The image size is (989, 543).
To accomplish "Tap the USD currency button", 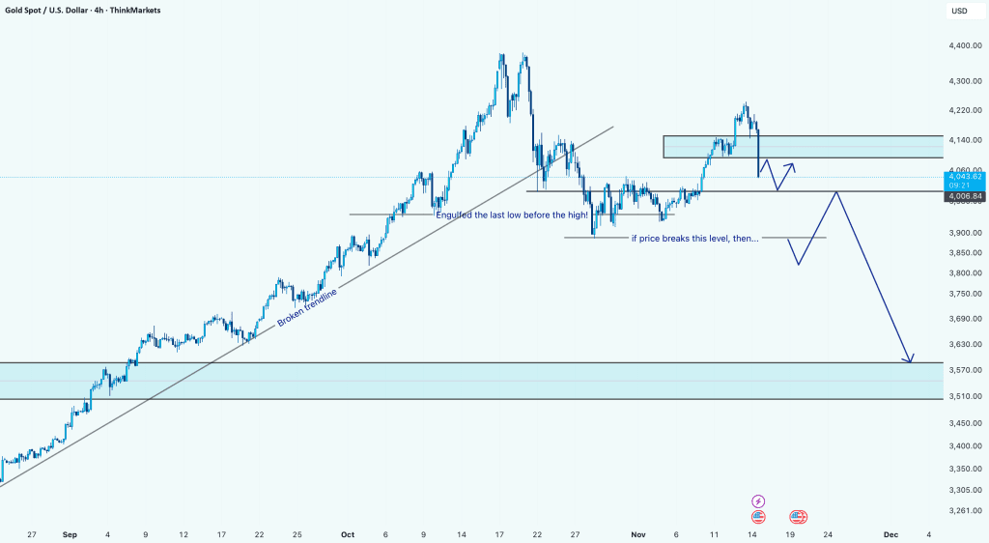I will click(x=959, y=11).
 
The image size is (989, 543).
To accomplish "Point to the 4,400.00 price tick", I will click(x=966, y=45).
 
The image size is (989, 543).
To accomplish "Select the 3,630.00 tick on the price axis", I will click(x=966, y=344).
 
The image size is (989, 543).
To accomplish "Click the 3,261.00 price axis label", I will click(x=966, y=510).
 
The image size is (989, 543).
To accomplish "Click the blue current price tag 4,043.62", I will click(x=966, y=176).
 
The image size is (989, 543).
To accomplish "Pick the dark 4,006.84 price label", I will click(x=966, y=196).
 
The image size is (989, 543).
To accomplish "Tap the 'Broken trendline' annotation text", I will click(x=308, y=306).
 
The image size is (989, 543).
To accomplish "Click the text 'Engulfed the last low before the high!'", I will click(x=512, y=214).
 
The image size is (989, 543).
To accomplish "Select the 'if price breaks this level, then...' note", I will click(x=694, y=238).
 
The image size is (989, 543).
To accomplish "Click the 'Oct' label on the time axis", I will click(x=348, y=533).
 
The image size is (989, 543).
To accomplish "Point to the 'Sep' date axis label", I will click(x=68, y=533).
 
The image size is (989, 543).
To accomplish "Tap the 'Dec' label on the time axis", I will click(x=890, y=533).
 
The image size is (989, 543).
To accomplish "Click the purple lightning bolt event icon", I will click(x=758, y=500).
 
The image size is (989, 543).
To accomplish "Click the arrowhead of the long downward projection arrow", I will click(x=909, y=360).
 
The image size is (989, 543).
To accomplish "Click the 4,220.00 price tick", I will click(x=966, y=110).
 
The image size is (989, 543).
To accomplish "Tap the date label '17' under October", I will click(x=500, y=533).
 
